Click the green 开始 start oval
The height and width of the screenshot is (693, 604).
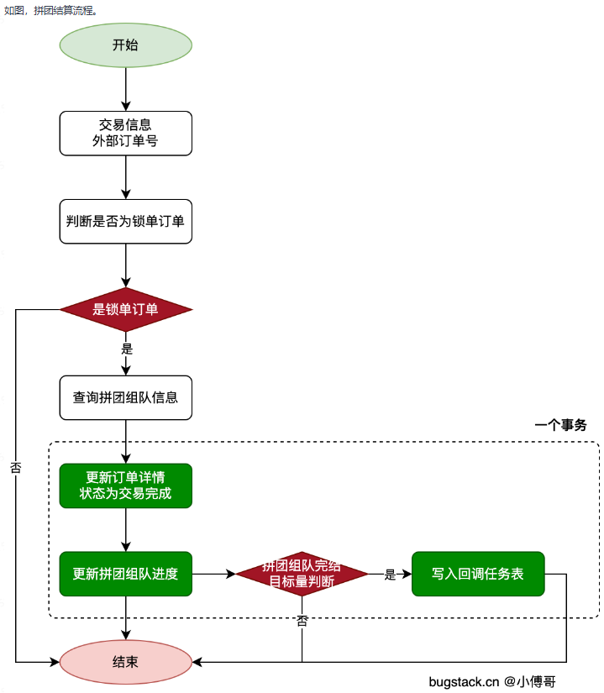[x=125, y=45]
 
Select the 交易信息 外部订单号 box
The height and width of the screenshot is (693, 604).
[x=125, y=133]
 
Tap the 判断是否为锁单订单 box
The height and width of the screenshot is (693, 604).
[x=125, y=221]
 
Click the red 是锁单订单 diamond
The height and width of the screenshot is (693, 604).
[x=125, y=309]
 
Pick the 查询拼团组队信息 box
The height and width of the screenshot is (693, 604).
[x=125, y=397]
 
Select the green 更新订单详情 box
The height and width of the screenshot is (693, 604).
[x=125, y=486]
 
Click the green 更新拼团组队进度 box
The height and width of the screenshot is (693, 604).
[x=125, y=574]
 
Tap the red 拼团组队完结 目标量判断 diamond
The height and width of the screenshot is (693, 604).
[x=302, y=574]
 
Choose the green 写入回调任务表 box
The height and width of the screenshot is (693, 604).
[x=477, y=574]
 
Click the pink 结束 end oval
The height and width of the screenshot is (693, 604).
[x=125, y=662]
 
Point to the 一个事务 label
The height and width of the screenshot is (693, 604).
[x=560, y=426]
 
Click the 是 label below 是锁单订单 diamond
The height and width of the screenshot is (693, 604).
[x=127, y=349]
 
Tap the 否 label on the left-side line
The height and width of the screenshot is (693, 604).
[x=15, y=468]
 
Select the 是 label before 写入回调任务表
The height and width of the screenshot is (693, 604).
[x=390, y=575]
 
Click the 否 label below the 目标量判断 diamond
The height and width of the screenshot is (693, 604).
[x=302, y=621]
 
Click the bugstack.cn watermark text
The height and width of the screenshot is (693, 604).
[x=464, y=681]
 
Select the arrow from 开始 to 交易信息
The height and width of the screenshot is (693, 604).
[x=125, y=89]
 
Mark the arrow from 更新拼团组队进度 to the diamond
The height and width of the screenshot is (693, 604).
[x=213, y=574]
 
